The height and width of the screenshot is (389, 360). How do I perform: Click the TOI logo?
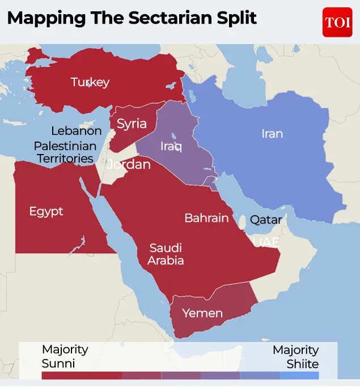(337, 22)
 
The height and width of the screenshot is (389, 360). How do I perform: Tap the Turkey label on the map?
(90, 82)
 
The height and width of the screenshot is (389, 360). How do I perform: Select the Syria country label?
(132, 123)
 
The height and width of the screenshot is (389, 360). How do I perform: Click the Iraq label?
(171, 147)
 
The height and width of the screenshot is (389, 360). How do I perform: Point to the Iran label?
(272, 134)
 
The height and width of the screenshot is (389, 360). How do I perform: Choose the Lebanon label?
(77, 131)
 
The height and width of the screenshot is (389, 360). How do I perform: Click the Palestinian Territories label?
(65, 152)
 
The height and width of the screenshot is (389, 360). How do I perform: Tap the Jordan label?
(129, 165)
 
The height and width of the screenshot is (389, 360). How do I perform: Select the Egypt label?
(46, 211)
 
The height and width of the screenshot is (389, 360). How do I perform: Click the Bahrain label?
(206, 218)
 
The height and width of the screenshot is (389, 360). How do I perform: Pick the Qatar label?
(266, 219)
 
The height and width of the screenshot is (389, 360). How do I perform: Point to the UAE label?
(266, 242)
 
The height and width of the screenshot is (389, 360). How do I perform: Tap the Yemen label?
(202, 313)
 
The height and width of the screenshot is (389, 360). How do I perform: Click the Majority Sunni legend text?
(65, 356)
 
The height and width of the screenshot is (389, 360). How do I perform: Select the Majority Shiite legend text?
(295, 357)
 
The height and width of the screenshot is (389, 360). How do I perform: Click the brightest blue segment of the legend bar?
(299, 375)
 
